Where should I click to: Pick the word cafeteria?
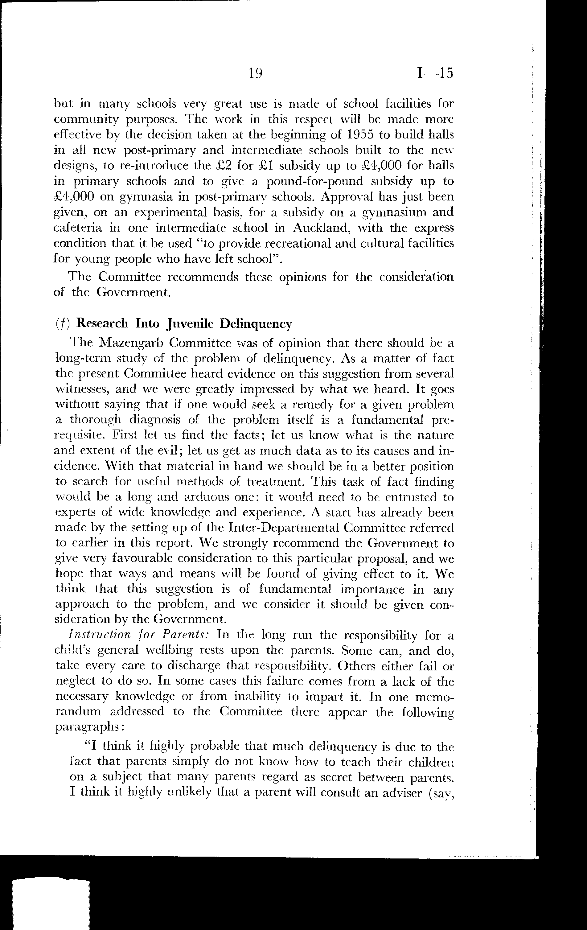(78, 228)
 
